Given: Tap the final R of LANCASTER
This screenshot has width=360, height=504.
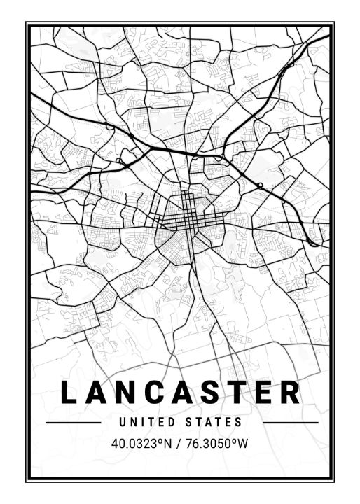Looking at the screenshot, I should pyautogui.click(x=293, y=393).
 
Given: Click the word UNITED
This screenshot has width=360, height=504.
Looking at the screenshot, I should pyautogui.click(x=144, y=423).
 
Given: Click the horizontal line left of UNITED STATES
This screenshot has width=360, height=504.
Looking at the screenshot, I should pyautogui.click(x=73, y=423).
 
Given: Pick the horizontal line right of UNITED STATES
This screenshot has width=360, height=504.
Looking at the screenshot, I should pyautogui.click(x=290, y=423).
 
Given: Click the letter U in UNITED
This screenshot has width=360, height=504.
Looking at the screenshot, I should pyautogui.click(x=123, y=423).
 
